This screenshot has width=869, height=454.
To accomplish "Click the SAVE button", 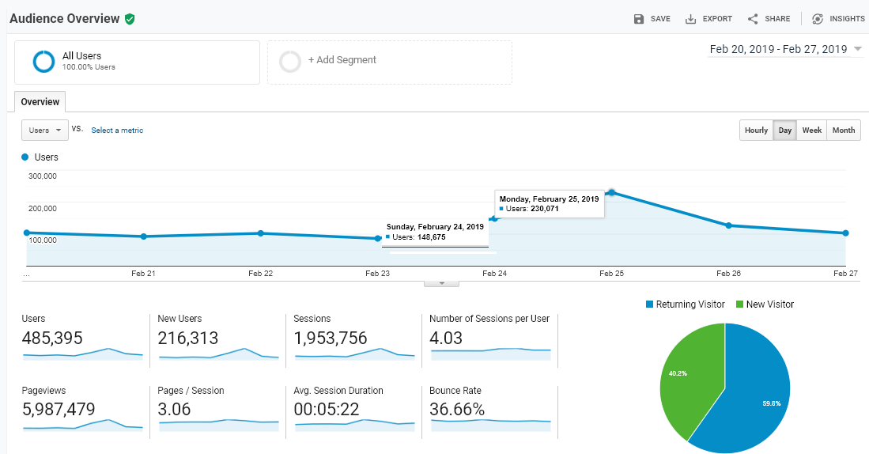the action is (652, 19).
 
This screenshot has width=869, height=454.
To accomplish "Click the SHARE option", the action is (769, 19).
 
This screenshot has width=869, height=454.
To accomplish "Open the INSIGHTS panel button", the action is (838, 19).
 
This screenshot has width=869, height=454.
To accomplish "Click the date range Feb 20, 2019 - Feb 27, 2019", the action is (778, 49).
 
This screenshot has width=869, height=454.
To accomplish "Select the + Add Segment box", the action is (390, 62).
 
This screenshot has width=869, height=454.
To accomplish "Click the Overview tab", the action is (40, 102).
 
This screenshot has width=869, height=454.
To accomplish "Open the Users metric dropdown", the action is (45, 131).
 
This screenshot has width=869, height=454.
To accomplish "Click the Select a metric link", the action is (117, 131).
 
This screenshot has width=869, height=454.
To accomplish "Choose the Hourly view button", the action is (756, 131).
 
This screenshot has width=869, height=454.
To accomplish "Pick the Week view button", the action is (811, 131).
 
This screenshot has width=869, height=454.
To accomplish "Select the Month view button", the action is (844, 131).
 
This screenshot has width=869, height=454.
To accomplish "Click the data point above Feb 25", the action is (612, 192).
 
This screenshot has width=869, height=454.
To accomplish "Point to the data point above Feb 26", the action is (729, 225).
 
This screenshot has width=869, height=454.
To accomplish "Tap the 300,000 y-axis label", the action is (43, 176).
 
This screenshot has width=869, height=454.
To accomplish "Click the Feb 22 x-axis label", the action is (260, 274).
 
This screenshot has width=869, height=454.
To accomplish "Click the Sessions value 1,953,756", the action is (331, 339).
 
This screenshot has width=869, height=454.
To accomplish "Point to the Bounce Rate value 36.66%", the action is (457, 410).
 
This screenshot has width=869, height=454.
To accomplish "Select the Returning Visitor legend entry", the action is (685, 305).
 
